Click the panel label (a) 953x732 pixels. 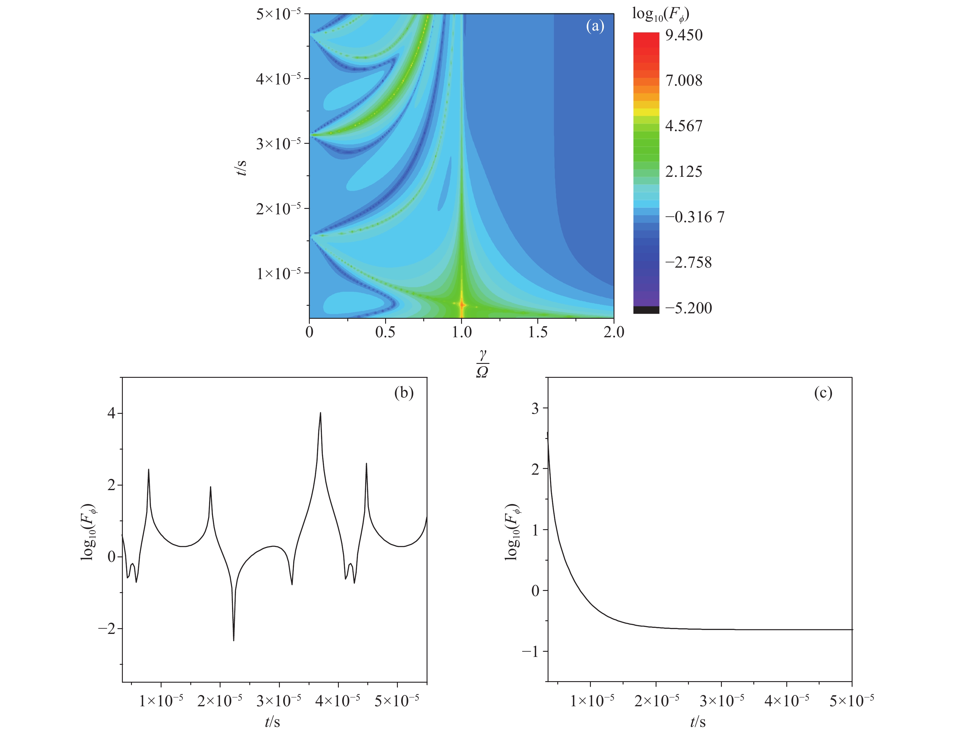[x=595, y=27]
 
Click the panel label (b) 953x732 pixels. [x=404, y=393]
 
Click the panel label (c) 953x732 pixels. [x=823, y=393]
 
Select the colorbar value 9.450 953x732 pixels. [x=683, y=35]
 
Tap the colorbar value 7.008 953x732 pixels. [x=683, y=80]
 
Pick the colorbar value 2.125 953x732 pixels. [x=683, y=171]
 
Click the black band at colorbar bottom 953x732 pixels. [x=646, y=310]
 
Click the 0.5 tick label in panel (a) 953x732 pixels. [x=385, y=332]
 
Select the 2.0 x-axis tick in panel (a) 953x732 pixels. [x=614, y=332]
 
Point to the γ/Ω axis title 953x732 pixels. [x=482, y=364]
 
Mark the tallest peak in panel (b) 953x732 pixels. [x=320, y=413]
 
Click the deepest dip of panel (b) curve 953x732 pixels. [x=234, y=640]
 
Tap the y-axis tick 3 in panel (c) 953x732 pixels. [x=535, y=408]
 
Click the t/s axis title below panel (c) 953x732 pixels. [x=698, y=721]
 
